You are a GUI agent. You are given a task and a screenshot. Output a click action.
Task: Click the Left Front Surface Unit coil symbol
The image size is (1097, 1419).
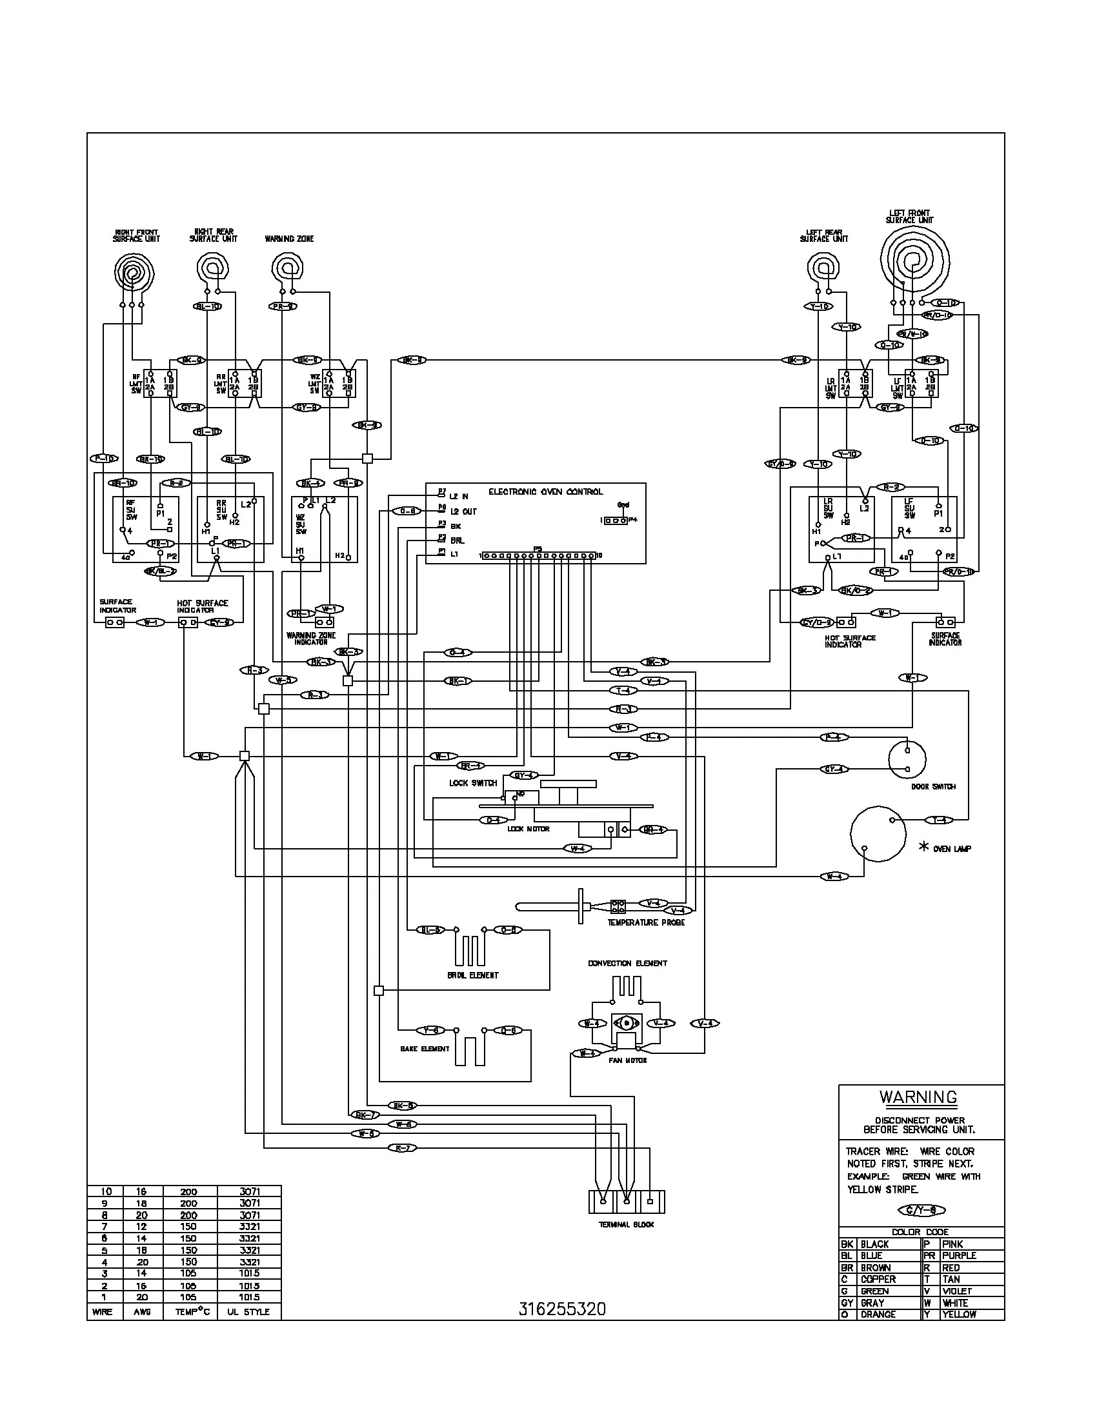[914, 261]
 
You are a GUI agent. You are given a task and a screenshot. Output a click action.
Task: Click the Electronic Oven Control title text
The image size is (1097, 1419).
[545, 492]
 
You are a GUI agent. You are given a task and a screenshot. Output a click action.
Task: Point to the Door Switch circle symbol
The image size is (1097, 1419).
[907, 759]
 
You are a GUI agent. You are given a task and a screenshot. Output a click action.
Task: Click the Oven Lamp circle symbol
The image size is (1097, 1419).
[878, 833]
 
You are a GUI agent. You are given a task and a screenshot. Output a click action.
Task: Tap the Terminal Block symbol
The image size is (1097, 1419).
[627, 1202]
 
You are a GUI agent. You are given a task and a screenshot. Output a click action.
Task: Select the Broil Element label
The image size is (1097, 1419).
[472, 975]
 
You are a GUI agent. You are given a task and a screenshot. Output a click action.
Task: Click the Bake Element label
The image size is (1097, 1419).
[425, 1049]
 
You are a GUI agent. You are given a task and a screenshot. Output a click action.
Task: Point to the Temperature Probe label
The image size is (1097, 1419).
[645, 922]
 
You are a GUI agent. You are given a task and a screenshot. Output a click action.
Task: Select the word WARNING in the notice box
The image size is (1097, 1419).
[918, 1097]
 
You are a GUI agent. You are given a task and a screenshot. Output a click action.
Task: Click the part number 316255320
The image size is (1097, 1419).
[562, 1309]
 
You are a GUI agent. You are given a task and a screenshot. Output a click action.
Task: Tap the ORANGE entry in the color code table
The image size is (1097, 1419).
[878, 1315]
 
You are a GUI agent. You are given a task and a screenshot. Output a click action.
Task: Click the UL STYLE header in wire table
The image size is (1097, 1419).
[248, 1312]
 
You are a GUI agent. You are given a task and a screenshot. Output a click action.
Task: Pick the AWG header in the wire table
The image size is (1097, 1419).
[143, 1312]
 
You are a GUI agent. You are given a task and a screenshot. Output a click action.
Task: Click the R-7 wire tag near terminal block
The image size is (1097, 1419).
[401, 1148]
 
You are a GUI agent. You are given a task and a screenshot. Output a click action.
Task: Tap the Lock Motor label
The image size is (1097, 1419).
[528, 829]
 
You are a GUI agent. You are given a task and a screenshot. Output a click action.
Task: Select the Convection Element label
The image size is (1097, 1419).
[627, 964]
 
